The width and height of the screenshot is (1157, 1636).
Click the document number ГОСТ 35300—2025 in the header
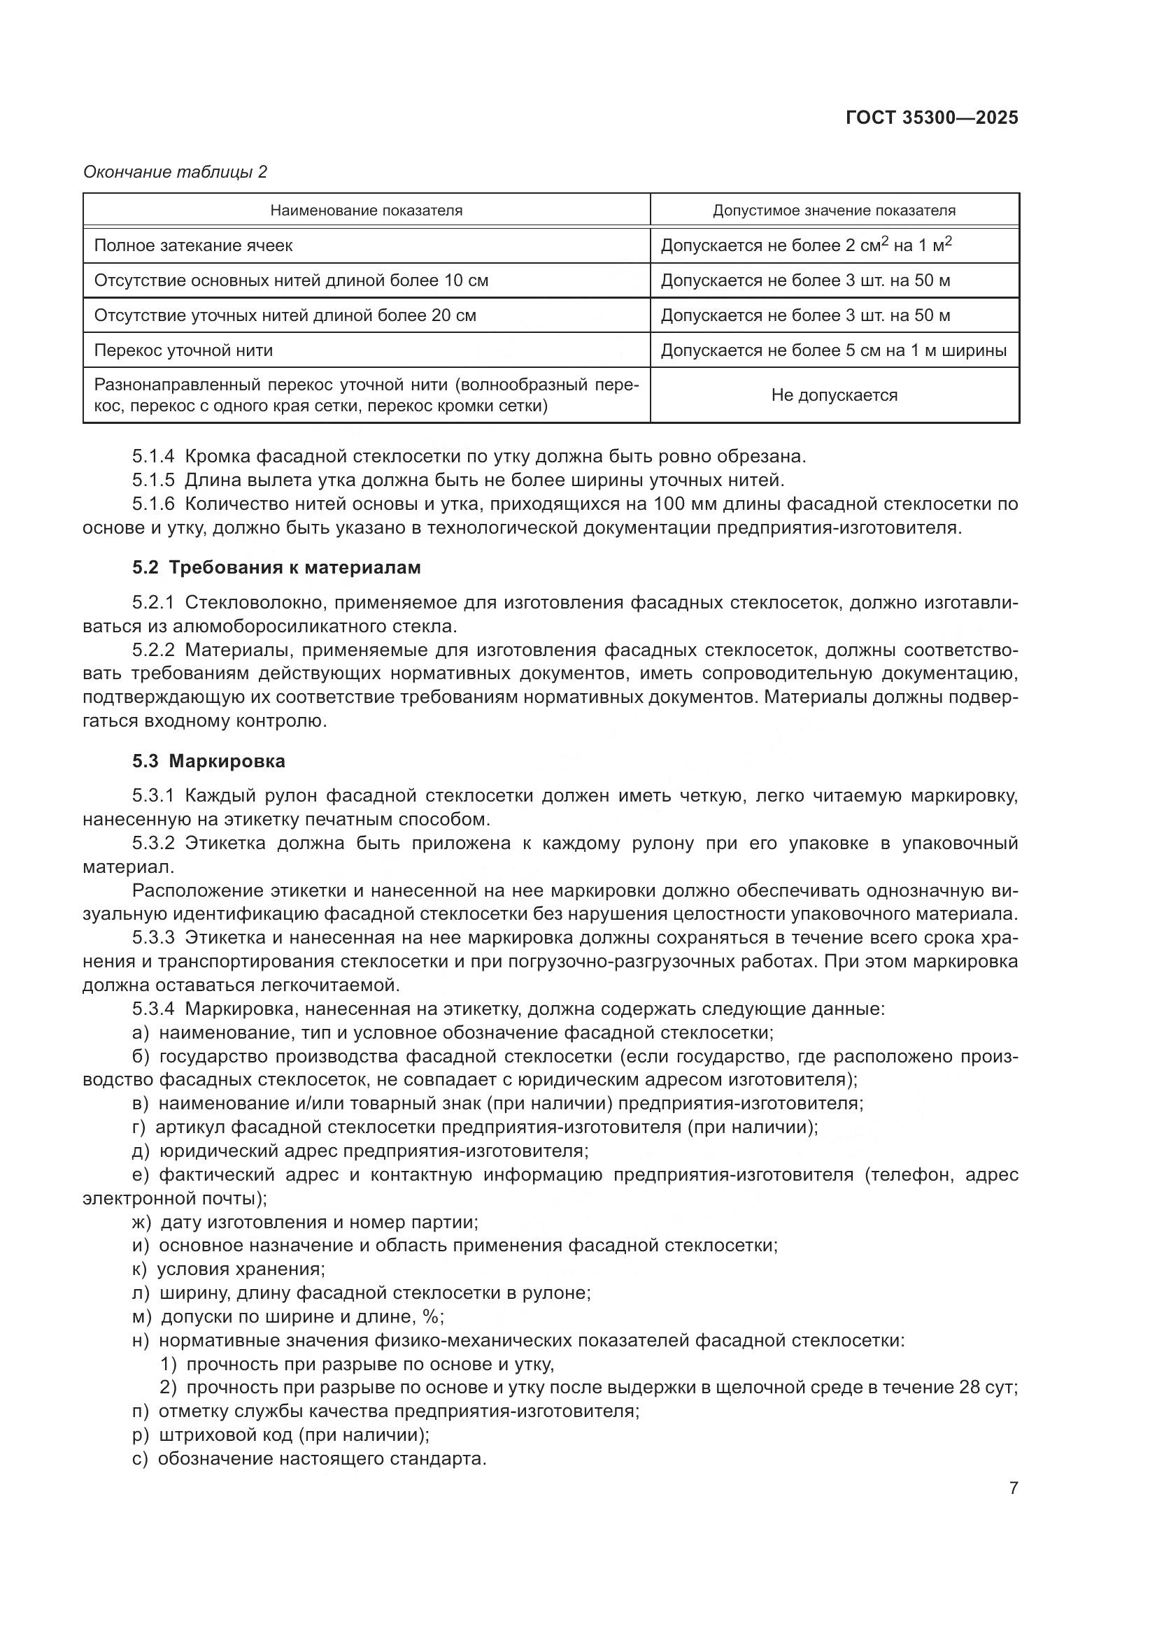click(932, 118)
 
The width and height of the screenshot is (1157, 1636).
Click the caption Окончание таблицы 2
click(175, 172)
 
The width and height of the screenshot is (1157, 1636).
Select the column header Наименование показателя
click(366, 211)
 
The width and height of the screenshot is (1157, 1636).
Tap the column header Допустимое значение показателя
click(835, 211)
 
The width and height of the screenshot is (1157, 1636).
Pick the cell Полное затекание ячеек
click(193, 245)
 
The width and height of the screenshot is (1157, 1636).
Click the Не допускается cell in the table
click(835, 394)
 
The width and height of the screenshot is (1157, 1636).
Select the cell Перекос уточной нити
click(183, 350)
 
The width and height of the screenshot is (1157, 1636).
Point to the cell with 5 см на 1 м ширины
click(834, 350)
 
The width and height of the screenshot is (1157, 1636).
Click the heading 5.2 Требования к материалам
click(276, 567)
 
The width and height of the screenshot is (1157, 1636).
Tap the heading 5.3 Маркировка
click(208, 761)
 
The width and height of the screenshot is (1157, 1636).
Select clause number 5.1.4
click(153, 456)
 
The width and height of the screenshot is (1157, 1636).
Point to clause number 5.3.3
click(153, 938)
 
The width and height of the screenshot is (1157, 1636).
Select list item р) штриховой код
click(281, 1435)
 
